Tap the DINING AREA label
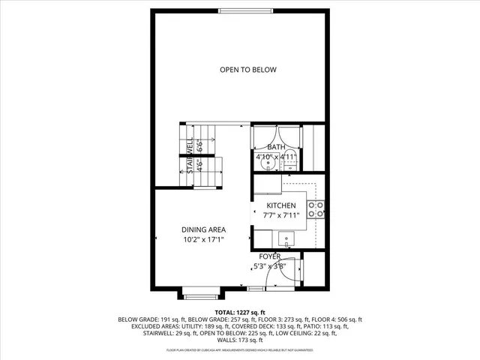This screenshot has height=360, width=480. point(203,229)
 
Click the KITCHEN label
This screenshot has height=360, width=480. point(281,205)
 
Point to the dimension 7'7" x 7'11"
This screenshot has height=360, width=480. point(281,215)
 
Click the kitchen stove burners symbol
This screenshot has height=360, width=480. point(317,209)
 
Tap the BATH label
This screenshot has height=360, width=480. point(277,147)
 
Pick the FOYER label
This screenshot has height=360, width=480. point(270,256)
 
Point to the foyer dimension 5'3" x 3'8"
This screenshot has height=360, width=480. point(268,266)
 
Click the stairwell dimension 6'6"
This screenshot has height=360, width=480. point(199,145)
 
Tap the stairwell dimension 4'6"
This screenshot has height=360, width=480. point(199,166)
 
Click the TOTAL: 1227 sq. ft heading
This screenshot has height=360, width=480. point(240,312)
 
